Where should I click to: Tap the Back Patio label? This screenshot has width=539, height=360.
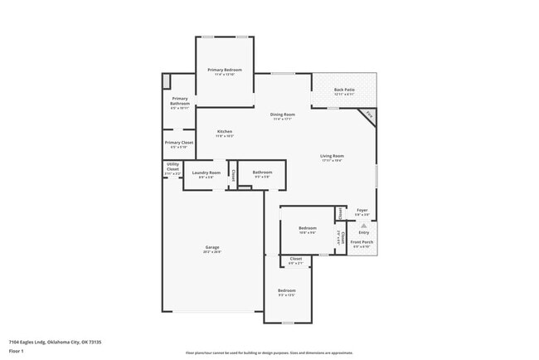click(x=344, y=90)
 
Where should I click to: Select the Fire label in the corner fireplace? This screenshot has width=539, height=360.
click(x=369, y=114)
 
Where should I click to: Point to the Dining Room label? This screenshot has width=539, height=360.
click(x=283, y=114)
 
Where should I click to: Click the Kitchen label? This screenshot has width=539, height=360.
click(x=225, y=132)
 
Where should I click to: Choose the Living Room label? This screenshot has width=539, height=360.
click(x=333, y=156)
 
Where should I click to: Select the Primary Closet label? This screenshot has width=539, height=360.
click(x=179, y=143)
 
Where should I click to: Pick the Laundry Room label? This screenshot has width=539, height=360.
click(x=206, y=173)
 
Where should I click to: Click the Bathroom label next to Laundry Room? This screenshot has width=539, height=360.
click(x=263, y=173)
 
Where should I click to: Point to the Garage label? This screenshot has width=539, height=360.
click(x=213, y=247)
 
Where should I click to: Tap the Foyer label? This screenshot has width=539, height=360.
click(x=362, y=211)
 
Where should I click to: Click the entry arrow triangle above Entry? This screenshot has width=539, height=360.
click(x=363, y=226)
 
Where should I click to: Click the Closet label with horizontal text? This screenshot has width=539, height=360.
click(x=295, y=260)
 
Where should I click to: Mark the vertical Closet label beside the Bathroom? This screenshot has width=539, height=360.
click(x=233, y=174)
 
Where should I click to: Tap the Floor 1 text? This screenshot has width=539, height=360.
click(x=16, y=351)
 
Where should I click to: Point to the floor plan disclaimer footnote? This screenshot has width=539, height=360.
click(x=269, y=353)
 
